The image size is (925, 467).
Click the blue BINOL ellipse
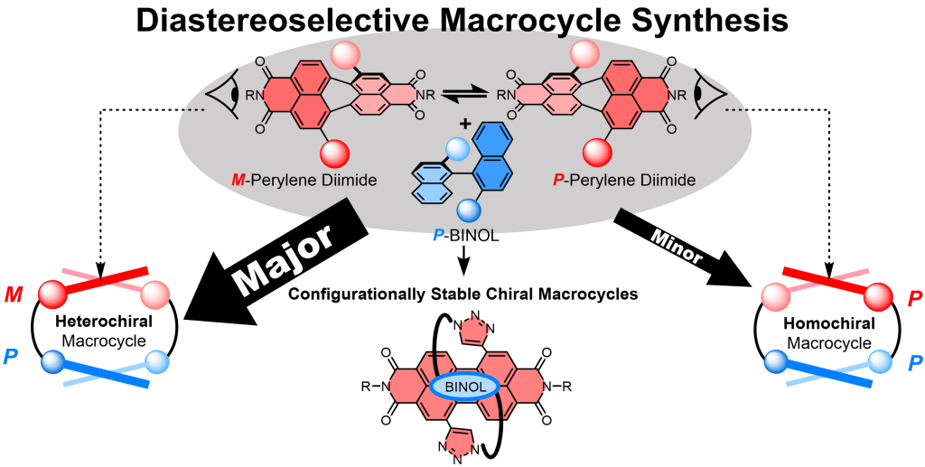(465, 387)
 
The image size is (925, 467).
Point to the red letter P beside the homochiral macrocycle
(912, 300)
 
